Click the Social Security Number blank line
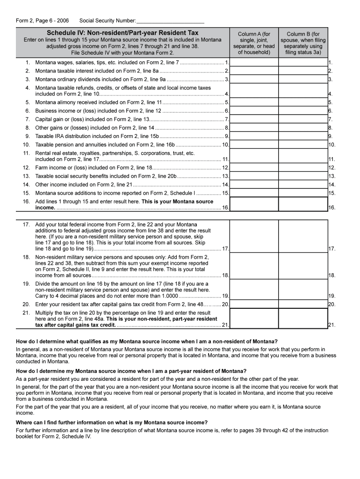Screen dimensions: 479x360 coord(170,21)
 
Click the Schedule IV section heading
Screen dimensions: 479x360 coord(122,33)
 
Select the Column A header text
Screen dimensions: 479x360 coord(254,43)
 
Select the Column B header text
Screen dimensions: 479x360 coord(303,43)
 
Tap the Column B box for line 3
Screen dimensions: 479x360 coord(303,79)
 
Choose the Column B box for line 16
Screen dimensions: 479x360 coord(303,204)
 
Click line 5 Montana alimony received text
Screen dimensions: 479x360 coord(98,102)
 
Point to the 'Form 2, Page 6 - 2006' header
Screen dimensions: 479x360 coord(43,21)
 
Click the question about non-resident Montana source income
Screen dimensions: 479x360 coord(147,341)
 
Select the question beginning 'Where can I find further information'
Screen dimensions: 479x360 coord(112,422)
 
